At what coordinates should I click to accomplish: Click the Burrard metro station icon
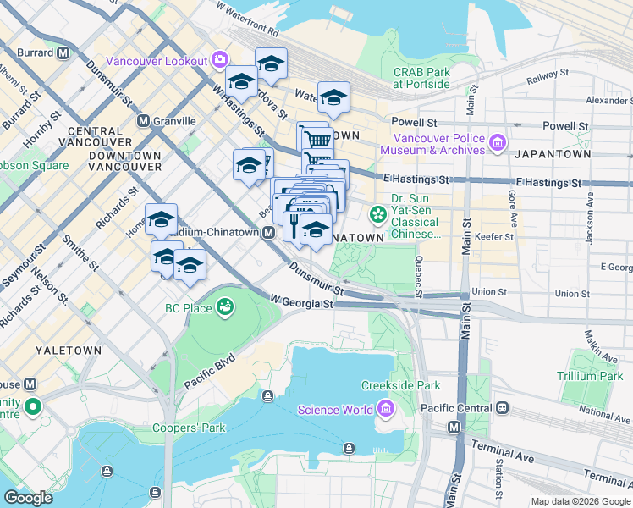pyautogui.click(x=63, y=52)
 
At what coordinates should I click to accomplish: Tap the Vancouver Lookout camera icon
pyautogui.click(x=220, y=59)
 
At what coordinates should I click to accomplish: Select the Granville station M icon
pyautogui.click(x=144, y=121)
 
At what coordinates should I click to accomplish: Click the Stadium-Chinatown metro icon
pyautogui.click(x=268, y=233)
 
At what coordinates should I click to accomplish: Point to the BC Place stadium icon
pyautogui.click(x=225, y=306)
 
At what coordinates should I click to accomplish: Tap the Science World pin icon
pyautogui.click(x=385, y=410)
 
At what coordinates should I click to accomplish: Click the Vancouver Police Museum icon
pyautogui.click(x=496, y=143)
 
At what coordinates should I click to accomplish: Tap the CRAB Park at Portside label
pyautogui.click(x=421, y=78)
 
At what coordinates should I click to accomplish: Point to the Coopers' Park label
pyautogui.click(x=189, y=428)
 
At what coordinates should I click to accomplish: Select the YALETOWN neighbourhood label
pyautogui.click(x=69, y=350)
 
